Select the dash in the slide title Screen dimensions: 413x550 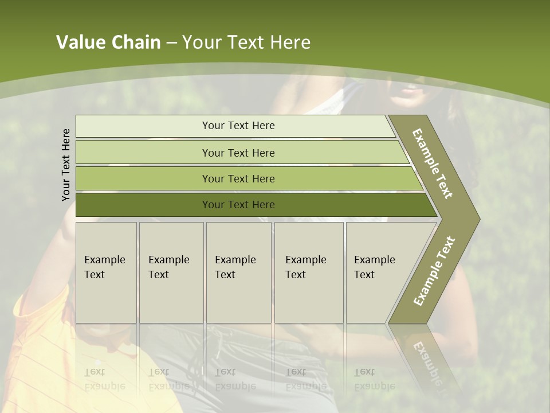tap(171, 43)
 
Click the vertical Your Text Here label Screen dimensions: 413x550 tap(66, 165)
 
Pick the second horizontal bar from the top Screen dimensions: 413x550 tap(238, 153)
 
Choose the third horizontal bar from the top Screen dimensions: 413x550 tap(238, 178)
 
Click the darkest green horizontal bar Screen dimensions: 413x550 tap(238, 205)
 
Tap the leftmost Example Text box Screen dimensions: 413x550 tap(106, 272)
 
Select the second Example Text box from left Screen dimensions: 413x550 tap(171, 272)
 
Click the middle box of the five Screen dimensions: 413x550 tap(238, 272)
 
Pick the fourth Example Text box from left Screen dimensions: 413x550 tap(309, 272)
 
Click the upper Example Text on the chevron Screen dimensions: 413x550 tap(433, 163)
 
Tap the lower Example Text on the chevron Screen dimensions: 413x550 tap(434, 271)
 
